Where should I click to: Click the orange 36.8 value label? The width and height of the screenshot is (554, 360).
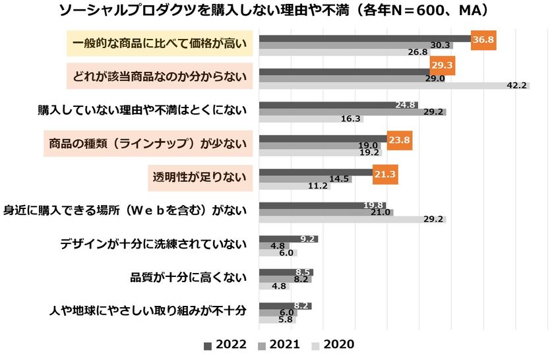pyautogui.click(x=483, y=40)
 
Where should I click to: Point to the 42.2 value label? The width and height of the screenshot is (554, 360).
pyautogui.click(x=516, y=86)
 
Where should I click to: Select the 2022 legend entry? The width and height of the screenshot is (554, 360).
pyautogui.click(x=225, y=344)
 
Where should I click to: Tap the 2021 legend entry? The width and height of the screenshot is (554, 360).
pyautogui.click(x=279, y=344)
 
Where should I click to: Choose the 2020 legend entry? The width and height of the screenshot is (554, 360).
pyautogui.click(x=333, y=344)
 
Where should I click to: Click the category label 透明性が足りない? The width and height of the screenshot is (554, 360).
pyautogui.click(x=200, y=177)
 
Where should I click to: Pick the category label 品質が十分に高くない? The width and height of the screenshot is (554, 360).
pyautogui.click(x=189, y=278)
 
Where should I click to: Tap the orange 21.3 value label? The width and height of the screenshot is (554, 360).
pyautogui.click(x=385, y=174)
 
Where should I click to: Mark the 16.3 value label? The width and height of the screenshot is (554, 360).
pyautogui.click(x=350, y=119)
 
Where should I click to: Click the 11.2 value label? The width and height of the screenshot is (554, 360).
pyautogui.click(x=318, y=186)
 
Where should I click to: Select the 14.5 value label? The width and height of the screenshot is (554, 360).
pyautogui.click(x=339, y=179)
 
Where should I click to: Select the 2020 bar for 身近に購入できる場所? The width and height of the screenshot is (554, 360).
pyautogui.click(x=353, y=220)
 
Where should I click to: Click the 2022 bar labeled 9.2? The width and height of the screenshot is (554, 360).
pyautogui.click(x=288, y=239)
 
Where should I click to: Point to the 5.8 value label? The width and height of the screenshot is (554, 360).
pyautogui.click(x=286, y=320)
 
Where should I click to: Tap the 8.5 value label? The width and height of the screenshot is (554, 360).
pyautogui.click(x=303, y=272)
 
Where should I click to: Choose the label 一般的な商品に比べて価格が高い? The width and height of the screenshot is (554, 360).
pyautogui.click(x=160, y=43)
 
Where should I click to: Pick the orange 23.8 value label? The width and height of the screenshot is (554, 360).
pyautogui.click(x=400, y=140)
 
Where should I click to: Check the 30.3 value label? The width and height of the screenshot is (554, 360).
pyautogui.click(x=440, y=45)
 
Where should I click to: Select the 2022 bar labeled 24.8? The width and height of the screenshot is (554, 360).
pyautogui.click(x=338, y=105)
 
